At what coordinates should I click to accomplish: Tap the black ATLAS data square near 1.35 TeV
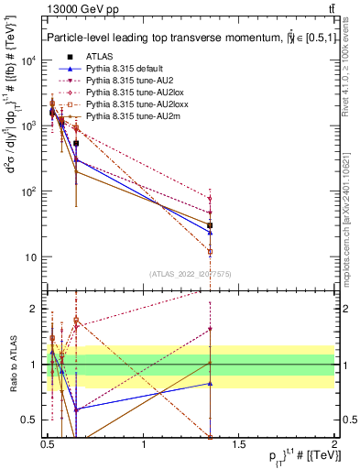tap(211, 225)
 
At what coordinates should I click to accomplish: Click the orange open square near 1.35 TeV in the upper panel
tap(211, 251)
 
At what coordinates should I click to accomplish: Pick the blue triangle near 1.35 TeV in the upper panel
tap(211, 232)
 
